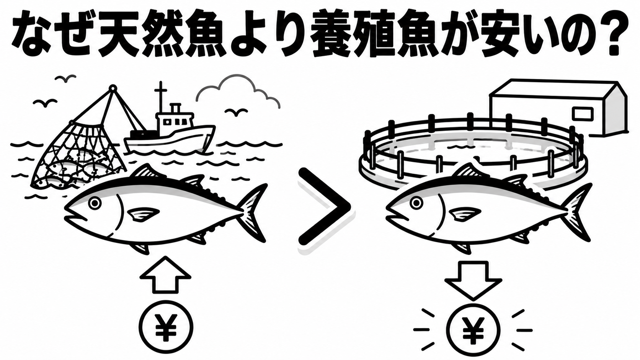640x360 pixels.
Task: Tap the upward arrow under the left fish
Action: pyautogui.click(x=165, y=275)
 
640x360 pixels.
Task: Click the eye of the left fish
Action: pyautogui.click(x=95, y=203)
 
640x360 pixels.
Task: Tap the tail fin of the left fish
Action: pyautogui.click(x=253, y=213)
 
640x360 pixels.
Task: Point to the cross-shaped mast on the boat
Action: pyautogui.click(x=161, y=97)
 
